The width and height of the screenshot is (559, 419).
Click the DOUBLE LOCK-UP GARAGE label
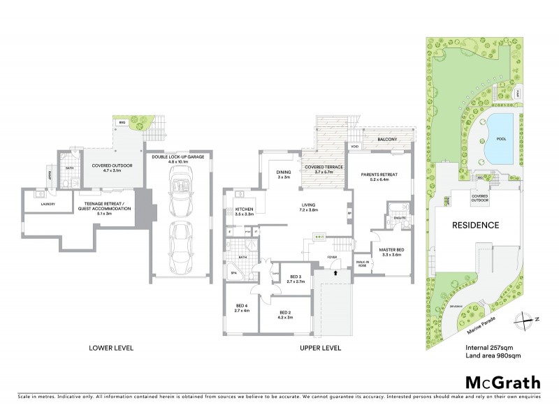tap(177, 157)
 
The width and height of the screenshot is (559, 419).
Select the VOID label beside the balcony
tap(354, 147)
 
